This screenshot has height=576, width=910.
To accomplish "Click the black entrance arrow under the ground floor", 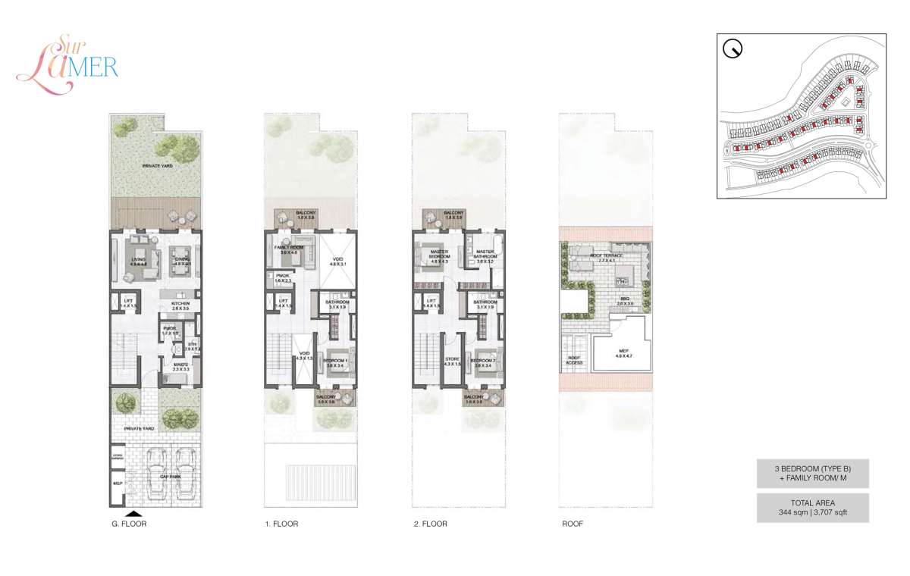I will tap(134, 512).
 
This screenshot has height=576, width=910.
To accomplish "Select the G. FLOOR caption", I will tap(129, 524).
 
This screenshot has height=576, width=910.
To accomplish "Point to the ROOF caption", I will tap(573, 524).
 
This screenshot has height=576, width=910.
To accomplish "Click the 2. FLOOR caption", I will tap(430, 524).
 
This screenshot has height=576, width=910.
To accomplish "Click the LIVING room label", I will tap(137, 259).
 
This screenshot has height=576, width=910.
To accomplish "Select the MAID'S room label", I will tap(180, 365).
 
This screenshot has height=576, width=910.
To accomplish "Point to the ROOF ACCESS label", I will tap(574, 360).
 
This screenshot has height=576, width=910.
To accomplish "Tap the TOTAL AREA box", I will tap(812, 507).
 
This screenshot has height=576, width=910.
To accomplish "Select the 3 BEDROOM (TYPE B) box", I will tap(812, 473).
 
